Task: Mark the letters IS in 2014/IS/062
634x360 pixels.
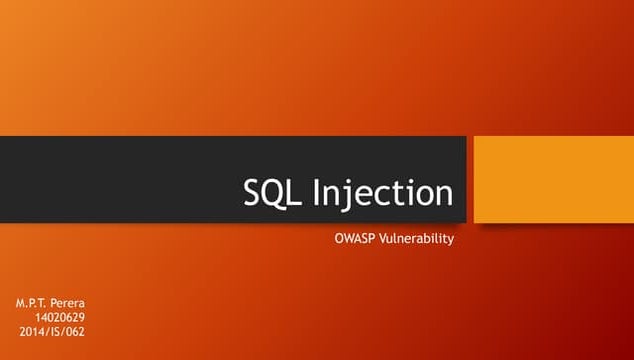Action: pyautogui.click(x=52, y=331)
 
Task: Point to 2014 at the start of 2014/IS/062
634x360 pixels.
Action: pyautogui.click(x=31, y=331)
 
